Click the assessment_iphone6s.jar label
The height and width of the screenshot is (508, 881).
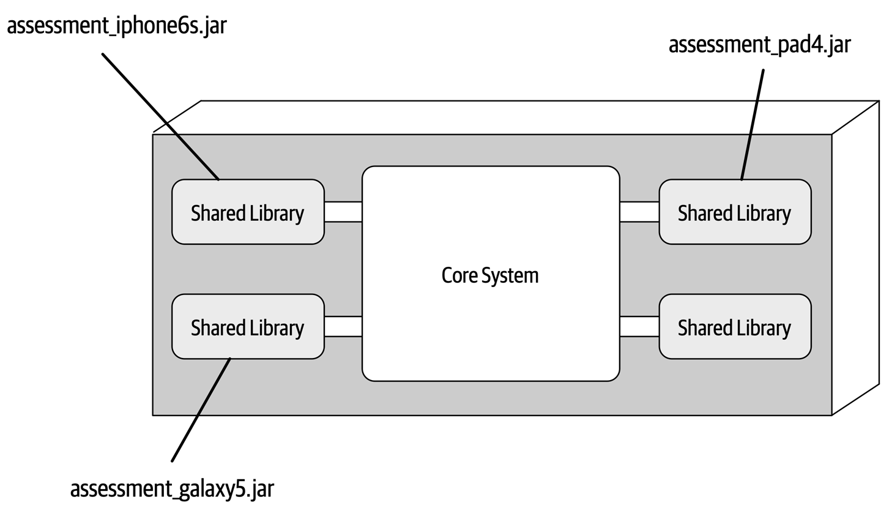coord(116,26)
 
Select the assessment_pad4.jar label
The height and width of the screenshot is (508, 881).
coord(759,45)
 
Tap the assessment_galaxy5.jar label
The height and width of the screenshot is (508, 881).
coord(172,488)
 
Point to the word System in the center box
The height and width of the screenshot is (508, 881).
coord(510,275)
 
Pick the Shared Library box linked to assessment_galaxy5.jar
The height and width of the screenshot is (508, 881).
coord(248,327)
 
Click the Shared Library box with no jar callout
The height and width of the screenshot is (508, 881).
coord(734,327)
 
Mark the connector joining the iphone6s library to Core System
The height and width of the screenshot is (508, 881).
coord(343,211)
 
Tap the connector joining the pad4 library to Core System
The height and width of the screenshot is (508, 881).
coord(639,211)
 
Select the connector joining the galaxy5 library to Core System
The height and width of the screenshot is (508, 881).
coord(343,326)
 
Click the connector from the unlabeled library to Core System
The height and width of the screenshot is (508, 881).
coord(639,326)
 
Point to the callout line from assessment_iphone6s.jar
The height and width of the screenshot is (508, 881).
coord(160,116)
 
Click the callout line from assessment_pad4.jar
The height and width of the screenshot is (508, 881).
coord(753,124)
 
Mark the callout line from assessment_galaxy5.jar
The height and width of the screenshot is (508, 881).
coord(201,409)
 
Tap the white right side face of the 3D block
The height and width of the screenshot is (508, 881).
coord(855,257)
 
